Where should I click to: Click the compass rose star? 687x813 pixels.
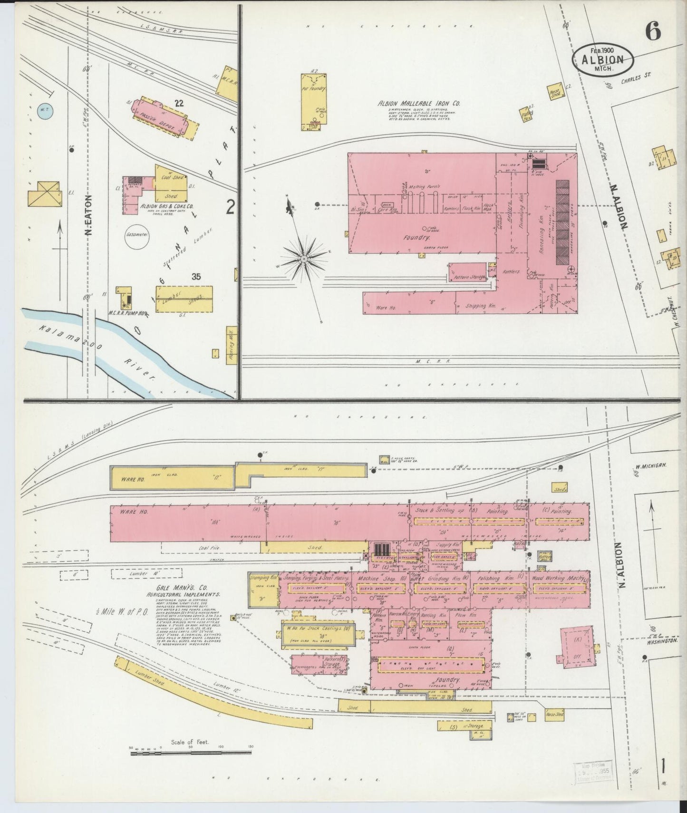[303, 258]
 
